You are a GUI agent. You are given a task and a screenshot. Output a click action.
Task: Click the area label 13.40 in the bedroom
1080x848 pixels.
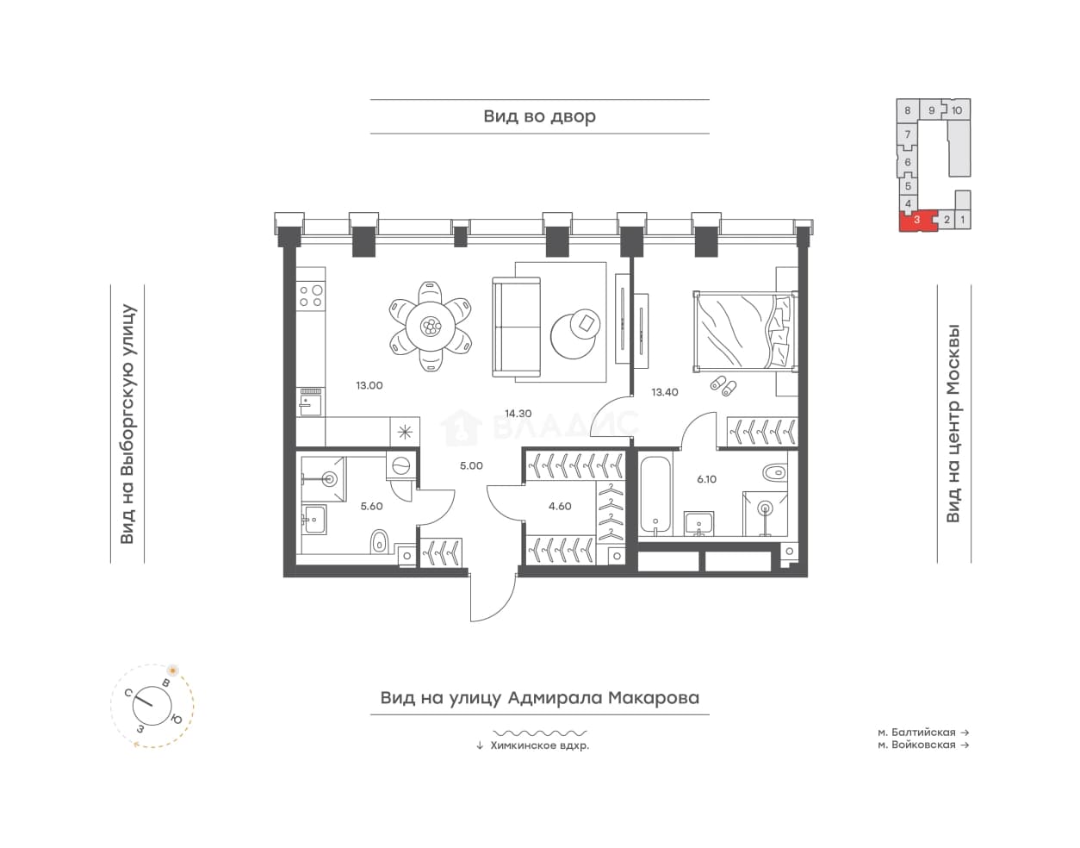[x=665, y=392]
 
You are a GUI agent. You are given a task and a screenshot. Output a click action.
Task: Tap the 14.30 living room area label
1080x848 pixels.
[x=518, y=414]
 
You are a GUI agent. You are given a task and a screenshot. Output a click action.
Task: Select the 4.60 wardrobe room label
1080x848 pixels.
[x=560, y=507]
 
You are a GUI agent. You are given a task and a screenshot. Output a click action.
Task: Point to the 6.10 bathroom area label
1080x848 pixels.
[x=706, y=479]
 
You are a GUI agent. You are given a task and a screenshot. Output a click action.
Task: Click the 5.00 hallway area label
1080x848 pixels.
[x=470, y=466]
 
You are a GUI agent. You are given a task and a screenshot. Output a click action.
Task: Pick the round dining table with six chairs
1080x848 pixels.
[x=431, y=327]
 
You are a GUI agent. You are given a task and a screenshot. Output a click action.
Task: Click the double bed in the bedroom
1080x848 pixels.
[x=745, y=331]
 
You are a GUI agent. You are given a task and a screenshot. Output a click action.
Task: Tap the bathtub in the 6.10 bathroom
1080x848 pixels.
[x=655, y=496]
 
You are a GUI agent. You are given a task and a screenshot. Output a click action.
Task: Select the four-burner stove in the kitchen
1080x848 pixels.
[x=311, y=296]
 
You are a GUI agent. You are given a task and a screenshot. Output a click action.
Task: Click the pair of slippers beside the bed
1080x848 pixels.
[x=723, y=386]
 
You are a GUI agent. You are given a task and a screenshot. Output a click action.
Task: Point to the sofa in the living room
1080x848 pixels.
[x=516, y=327]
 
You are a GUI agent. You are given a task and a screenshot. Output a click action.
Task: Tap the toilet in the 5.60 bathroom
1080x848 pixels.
[x=379, y=541]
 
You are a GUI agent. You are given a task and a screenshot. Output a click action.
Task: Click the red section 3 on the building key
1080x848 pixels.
[x=917, y=221]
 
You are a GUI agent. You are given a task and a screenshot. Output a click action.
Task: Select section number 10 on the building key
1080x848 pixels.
[x=956, y=110]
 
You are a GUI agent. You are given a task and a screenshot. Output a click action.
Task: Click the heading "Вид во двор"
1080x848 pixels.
[x=539, y=116]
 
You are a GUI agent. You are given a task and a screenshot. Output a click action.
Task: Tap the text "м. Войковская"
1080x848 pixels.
[x=916, y=745]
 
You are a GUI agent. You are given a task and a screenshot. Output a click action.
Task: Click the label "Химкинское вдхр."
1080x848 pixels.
[x=540, y=745]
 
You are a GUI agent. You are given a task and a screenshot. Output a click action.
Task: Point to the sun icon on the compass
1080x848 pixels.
[x=172, y=671]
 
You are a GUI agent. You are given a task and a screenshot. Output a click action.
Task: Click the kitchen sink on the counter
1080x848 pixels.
[x=310, y=402]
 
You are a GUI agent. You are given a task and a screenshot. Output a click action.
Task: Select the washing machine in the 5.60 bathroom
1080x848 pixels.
[x=400, y=465]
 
